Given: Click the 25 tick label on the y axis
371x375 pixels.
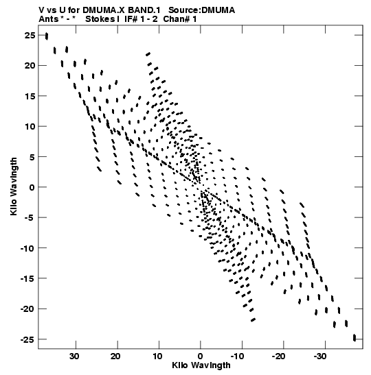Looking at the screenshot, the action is point(30,36).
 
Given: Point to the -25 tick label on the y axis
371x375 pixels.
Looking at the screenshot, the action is point(27,339).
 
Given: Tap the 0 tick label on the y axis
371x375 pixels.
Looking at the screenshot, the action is point(32,187).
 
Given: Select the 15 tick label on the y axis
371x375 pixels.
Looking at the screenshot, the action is point(30,96).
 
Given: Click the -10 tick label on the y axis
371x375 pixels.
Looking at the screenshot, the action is point(27,248).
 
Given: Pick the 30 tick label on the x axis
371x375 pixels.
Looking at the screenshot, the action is point(74,356).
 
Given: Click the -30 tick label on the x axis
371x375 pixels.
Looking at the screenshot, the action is point(320,356).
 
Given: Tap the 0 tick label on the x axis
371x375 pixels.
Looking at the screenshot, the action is point(201,356).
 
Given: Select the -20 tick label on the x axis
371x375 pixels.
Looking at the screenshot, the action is point(278,356).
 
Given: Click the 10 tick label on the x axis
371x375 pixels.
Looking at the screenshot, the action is point(157,356).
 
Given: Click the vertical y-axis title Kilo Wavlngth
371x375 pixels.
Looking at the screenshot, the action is point(14,186).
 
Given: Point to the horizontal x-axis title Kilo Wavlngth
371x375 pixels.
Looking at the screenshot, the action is point(201,365).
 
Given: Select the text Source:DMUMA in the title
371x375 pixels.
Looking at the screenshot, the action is point(201,10).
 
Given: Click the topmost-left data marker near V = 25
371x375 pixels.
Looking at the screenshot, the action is point(47,36).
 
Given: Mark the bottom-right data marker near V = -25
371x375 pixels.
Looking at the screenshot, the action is point(355,338).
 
